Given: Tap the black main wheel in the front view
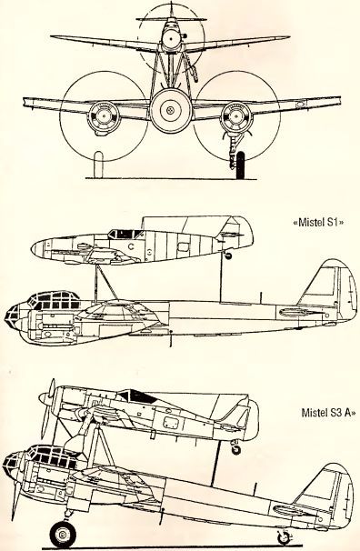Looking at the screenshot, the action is (x=240, y=165).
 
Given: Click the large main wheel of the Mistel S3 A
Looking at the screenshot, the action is (x=63, y=535).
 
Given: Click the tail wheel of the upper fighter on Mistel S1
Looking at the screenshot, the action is (x=228, y=255).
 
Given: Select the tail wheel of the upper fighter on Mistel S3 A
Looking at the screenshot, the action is (x=236, y=449).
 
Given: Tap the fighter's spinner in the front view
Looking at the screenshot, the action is (x=171, y=36).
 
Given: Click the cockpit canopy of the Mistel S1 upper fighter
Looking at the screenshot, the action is (x=125, y=234).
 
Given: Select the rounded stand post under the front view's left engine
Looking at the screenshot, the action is (x=98, y=165).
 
